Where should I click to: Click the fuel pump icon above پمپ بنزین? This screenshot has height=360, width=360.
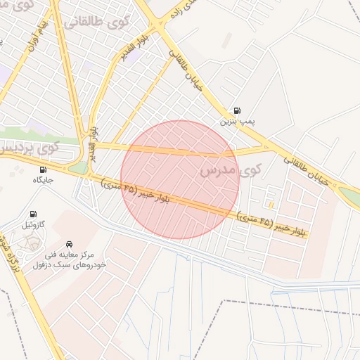pos(236,110)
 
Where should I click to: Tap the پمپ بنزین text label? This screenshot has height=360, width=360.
pos(237,122)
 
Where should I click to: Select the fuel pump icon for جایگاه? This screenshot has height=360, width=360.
pos(44,169)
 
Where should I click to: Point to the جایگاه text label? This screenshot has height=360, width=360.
pos(43,181)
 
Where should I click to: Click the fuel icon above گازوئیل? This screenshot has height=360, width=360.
pos(32,214)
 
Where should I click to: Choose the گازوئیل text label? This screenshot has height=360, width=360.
pos(32,226)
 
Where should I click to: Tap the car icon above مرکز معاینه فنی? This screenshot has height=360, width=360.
pos(69,241)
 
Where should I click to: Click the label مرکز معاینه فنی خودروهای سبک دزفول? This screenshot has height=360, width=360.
pos(69,257)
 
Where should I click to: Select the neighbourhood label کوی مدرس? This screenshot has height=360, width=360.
pos(230,169)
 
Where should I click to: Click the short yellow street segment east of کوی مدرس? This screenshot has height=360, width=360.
pos(271,205)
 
